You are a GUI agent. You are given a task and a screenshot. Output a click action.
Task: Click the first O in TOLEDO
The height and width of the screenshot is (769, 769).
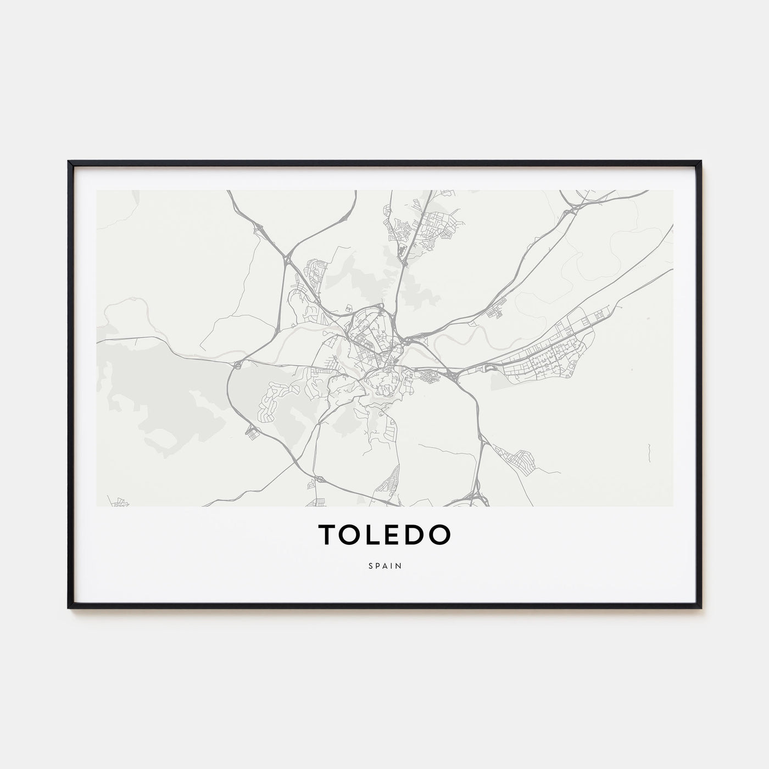point(351,534)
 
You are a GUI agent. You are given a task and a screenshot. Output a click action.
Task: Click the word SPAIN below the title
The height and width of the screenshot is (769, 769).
point(384,566)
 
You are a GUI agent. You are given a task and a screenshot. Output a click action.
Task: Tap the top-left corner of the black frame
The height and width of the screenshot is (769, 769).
point(69,162)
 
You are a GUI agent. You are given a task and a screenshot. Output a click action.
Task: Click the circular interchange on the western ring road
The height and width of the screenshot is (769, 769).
point(237,364)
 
